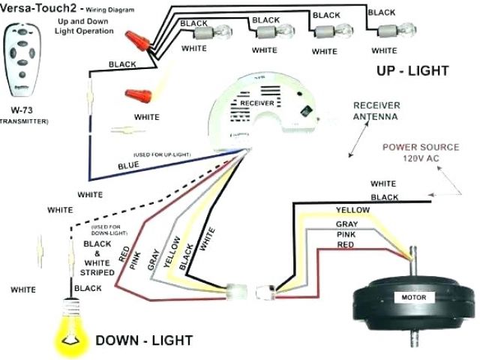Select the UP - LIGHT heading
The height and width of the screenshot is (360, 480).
coord(412,71)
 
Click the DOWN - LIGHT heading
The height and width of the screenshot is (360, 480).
coord(143,340)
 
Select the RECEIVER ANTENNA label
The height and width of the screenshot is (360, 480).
coord(376,111)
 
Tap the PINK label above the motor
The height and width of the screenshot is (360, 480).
coord(346,234)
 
